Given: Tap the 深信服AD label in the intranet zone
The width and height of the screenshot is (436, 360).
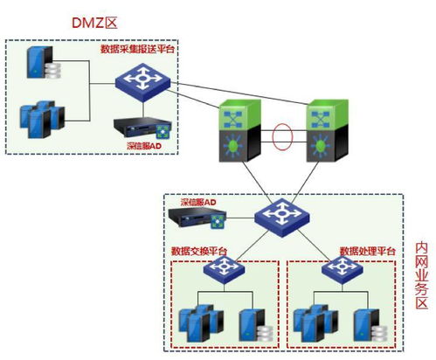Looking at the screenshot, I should click(198, 202).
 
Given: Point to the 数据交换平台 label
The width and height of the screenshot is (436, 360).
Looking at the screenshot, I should click(199, 252).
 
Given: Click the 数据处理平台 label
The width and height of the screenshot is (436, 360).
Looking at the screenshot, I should click(368, 252).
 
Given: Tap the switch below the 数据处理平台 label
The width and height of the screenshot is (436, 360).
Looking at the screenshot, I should click(338, 273).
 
